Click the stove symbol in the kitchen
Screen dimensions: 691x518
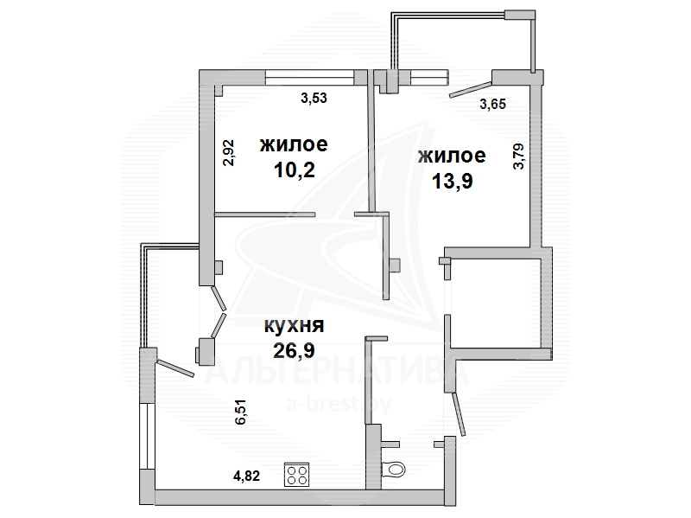coord(296,474)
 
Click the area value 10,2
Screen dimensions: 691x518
coord(295,169)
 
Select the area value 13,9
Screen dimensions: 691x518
coord(452,181)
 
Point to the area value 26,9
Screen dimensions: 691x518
coord(294,350)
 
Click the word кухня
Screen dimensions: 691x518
coord(294,326)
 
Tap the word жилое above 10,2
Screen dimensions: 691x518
coord(294,144)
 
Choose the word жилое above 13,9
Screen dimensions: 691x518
coord(452,156)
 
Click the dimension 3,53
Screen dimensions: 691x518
coord(314,98)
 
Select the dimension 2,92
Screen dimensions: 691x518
coord(229,153)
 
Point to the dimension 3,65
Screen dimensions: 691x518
coord(492,104)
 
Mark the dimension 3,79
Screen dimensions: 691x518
coord(519,157)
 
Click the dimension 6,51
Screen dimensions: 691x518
coord(241,412)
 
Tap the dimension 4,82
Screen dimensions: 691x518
coord(246,476)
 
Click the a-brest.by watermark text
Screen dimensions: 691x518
coord(339,403)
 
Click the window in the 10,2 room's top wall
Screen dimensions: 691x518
coord(310,78)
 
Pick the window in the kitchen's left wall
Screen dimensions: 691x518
coord(146,436)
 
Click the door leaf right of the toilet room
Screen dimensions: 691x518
coord(458,414)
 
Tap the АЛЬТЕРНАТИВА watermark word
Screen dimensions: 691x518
coord(337,372)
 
